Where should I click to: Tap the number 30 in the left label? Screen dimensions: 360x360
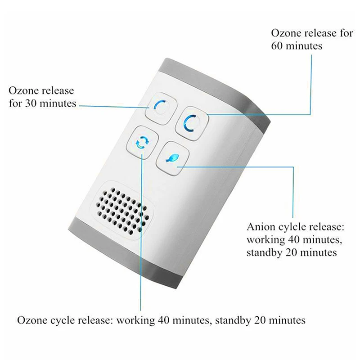tap(41, 103)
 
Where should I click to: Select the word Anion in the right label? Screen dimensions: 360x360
tap(260, 226)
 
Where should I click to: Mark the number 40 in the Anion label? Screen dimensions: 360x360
tap(290, 239)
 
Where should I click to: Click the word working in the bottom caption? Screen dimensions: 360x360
tap(136, 320)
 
